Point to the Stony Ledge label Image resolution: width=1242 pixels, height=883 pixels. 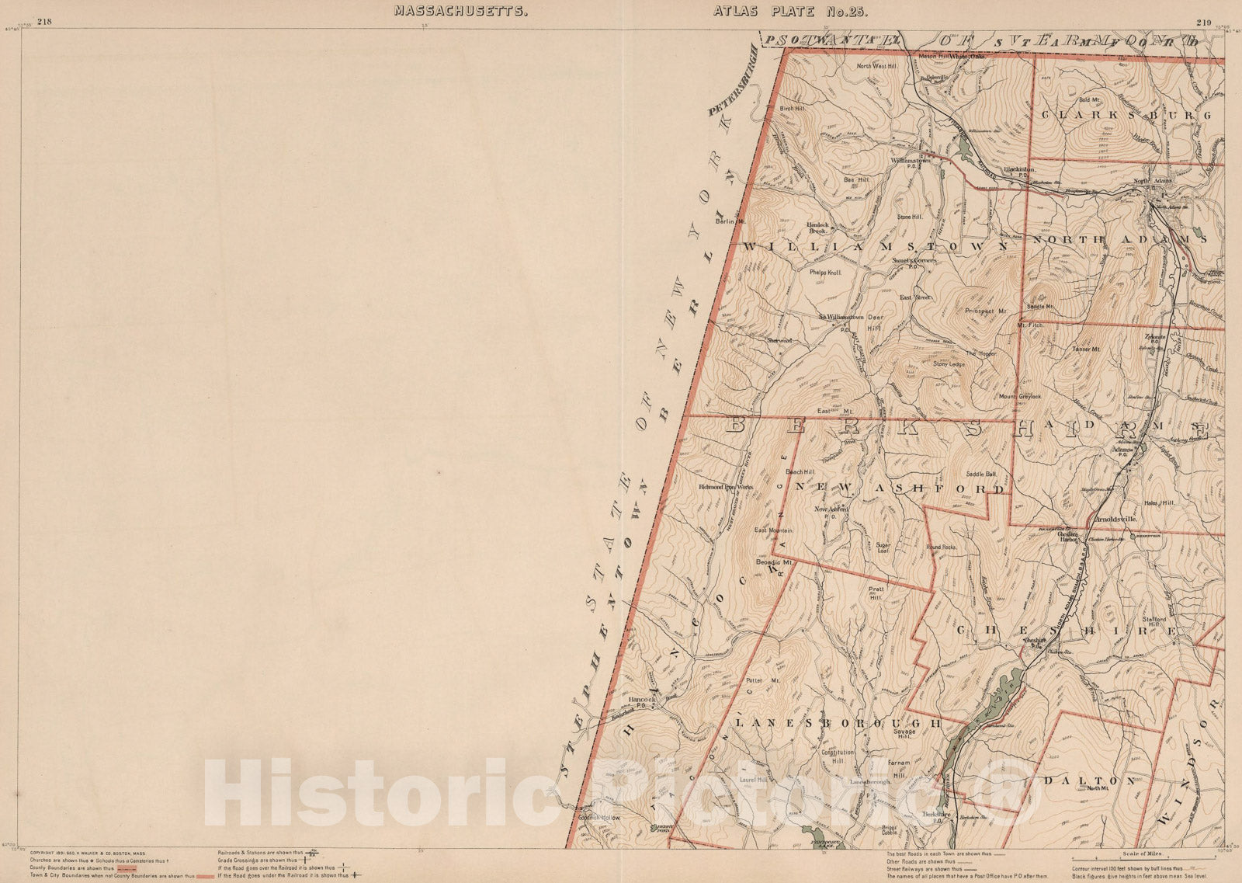tap(949, 363)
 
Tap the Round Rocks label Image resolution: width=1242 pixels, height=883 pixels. tap(941, 547)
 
